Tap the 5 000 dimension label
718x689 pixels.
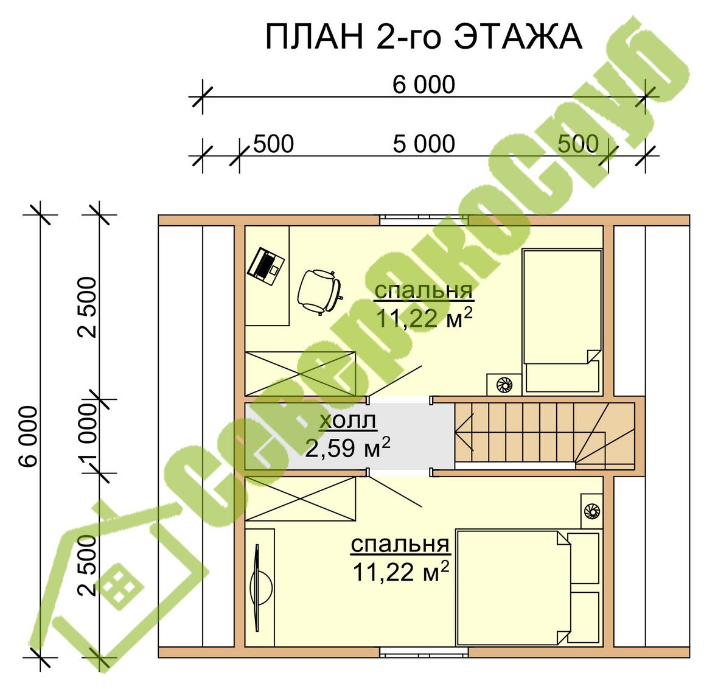click(424, 144)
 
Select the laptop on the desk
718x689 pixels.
click(265, 267)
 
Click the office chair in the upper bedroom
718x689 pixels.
click(319, 292)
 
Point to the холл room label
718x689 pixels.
click(348, 421)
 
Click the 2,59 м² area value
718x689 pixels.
click(348, 448)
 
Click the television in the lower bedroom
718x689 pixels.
click(260, 588)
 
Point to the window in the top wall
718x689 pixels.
click(424, 220)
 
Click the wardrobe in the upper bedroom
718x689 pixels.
click(301, 373)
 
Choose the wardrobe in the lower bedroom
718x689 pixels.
click(301, 498)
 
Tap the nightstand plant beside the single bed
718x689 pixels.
click(504, 384)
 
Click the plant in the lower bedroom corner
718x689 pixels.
click(591, 511)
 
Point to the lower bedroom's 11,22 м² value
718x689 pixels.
click(400, 572)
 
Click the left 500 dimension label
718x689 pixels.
click(273, 144)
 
